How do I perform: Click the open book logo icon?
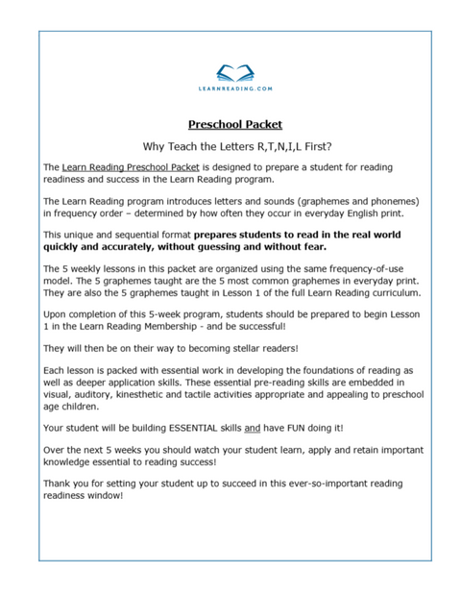coord(234,71)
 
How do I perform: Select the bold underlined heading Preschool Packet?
coord(234,124)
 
